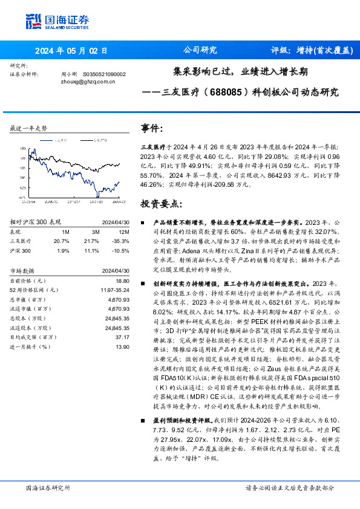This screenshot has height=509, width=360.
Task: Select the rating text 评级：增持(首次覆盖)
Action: coord(311,50)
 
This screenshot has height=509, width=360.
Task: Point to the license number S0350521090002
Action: coord(104,74)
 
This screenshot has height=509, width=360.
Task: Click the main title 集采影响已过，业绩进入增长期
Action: coord(240,71)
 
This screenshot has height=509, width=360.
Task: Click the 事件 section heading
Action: coord(152,129)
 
